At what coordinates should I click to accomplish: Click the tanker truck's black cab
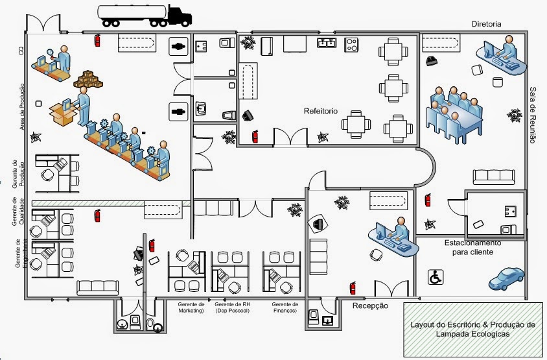point(179,15)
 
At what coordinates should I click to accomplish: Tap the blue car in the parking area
point(506,278)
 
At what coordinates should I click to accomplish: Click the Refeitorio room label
point(321,111)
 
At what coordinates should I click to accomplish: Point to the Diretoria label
point(487,23)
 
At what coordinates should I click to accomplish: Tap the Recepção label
point(370,306)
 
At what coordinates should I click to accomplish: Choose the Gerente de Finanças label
point(285,307)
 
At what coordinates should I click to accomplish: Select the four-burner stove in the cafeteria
point(351,44)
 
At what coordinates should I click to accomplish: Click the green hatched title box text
point(472,329)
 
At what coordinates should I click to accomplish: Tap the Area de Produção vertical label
point(22,106)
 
